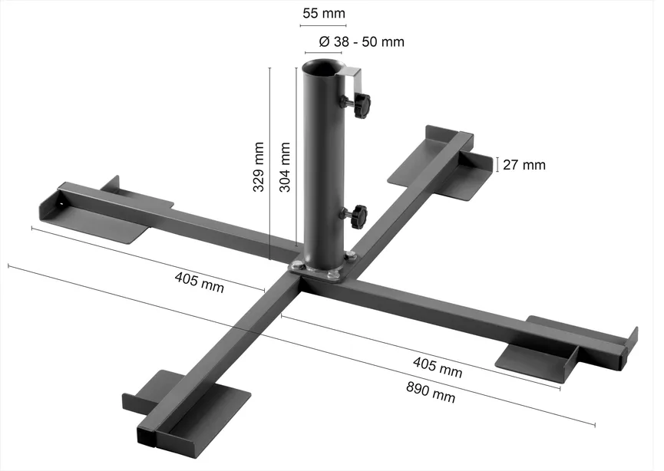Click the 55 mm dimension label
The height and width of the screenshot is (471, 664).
324,13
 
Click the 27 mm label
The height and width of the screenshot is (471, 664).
526,164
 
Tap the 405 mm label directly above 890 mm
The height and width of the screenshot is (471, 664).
438,367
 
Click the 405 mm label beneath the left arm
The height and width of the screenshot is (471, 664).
200,282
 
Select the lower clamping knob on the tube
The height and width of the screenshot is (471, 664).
359,216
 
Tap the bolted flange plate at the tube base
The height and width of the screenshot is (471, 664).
322,270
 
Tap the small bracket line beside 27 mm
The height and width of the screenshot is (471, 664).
497,164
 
